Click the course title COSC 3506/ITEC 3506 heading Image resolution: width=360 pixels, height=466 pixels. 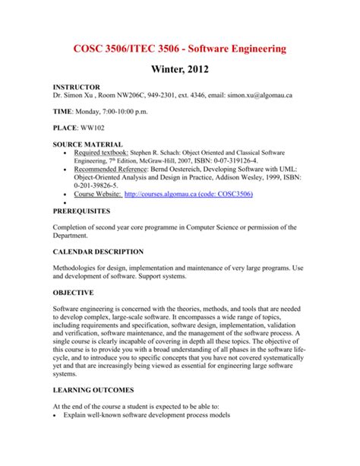coord(179,48)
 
